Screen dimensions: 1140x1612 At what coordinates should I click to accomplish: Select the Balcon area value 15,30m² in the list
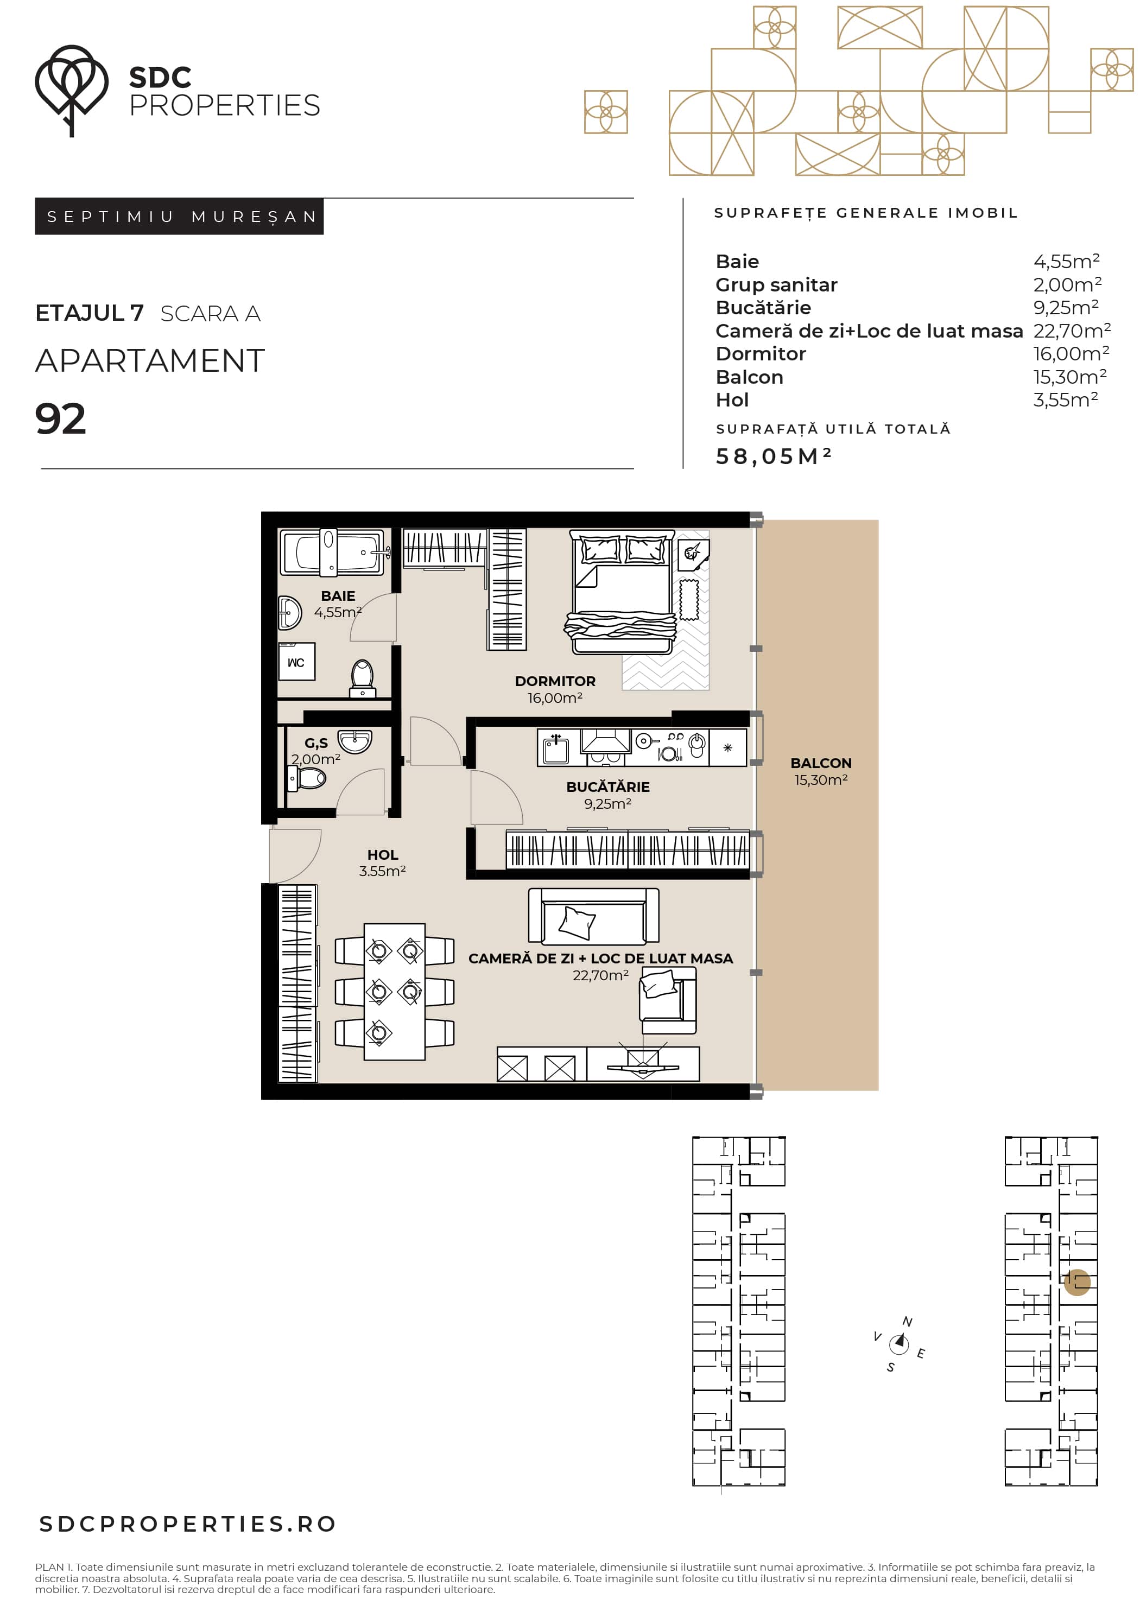(x=1070, y=377)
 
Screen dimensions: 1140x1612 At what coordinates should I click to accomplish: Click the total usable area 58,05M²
(x=774, y=456)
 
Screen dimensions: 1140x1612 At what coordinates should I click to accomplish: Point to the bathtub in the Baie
(x=332, y=553)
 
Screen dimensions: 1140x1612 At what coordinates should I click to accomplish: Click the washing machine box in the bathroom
(x=296, y=662)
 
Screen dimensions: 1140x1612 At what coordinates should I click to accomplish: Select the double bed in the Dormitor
(x=621, y=592)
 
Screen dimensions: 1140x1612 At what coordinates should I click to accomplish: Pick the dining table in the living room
(x=394, y=991)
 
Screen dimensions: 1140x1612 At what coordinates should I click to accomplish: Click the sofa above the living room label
(x=593, y=916)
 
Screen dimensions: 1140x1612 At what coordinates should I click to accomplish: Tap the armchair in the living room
(x=667, y=1000)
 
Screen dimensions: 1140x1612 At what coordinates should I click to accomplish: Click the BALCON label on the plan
(x=820, y=763)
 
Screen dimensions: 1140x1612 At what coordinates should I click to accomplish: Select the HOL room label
(x=383, y=854)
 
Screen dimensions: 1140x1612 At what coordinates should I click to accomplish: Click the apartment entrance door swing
(x=295, y=856)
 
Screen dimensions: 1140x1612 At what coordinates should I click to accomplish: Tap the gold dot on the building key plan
(x=1077, y=1282)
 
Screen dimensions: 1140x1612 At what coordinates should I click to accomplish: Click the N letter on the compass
(x=908, y=1322)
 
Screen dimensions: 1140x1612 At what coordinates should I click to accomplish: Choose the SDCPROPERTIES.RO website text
(x=187, y=1524)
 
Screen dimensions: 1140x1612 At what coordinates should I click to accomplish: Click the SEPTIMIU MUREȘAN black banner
(x=179, y=216)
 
